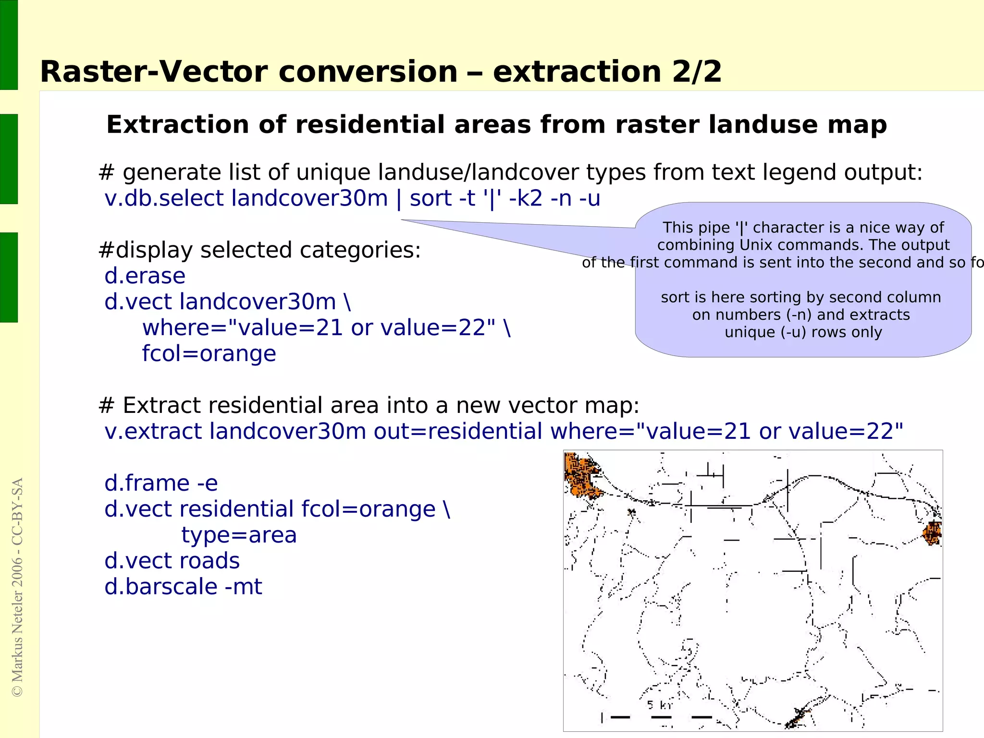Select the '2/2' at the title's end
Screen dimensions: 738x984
pyautogui.click(x=697, y=72)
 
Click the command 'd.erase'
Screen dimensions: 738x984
pyautogui.click(x=145, y=276)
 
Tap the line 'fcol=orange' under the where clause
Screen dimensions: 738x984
pyautogui.click(x=209, y=354)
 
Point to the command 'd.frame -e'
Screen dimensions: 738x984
pyautogui.click(x=161, y=483)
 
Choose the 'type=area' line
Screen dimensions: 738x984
pyautogui.click(x=239, y=535)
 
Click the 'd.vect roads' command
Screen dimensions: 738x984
pyautogui.click(x=172, y=561)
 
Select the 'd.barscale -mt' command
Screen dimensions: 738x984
pyautogui.click(x=183, y=587)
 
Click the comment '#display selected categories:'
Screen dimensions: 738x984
pyautogui.click(x=259, y=250)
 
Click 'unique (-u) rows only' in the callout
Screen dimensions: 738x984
pyautogui.click(x=803, y=332)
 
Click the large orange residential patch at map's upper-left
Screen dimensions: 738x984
pyautogui.click(x=582, y=475)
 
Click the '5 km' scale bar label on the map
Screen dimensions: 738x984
pyautogui.click(x=659, y=705)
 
